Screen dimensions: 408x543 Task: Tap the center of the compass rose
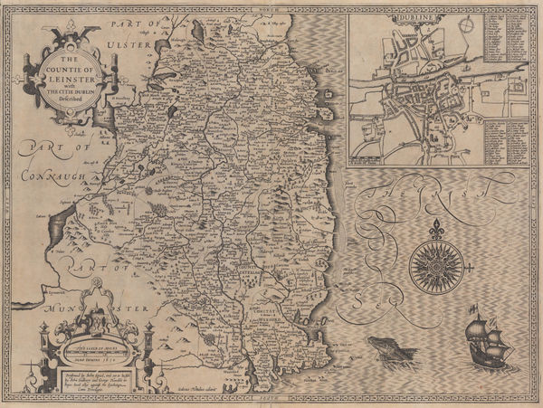(436, 262)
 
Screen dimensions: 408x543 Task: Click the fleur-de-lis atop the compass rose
(436, 226)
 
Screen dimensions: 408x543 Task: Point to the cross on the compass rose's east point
(472, 262)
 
